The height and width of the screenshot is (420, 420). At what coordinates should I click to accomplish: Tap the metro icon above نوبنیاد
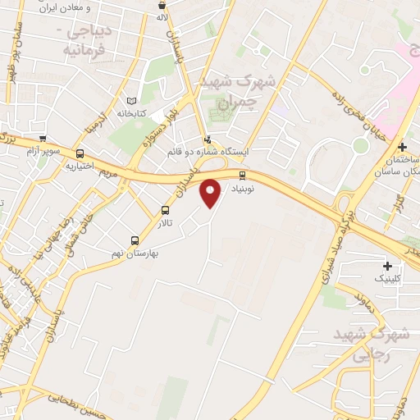coord(243,175)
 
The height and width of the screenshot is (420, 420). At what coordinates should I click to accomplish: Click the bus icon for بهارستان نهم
coord(135,240)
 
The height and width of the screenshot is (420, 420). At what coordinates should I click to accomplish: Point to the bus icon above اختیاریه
coord(80,153)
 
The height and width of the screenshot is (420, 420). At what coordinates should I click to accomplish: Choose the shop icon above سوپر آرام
coord(42,139)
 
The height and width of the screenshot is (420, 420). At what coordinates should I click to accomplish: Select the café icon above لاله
coord(162,5)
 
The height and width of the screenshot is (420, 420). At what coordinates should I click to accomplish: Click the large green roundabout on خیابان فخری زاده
coord(361,146)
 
